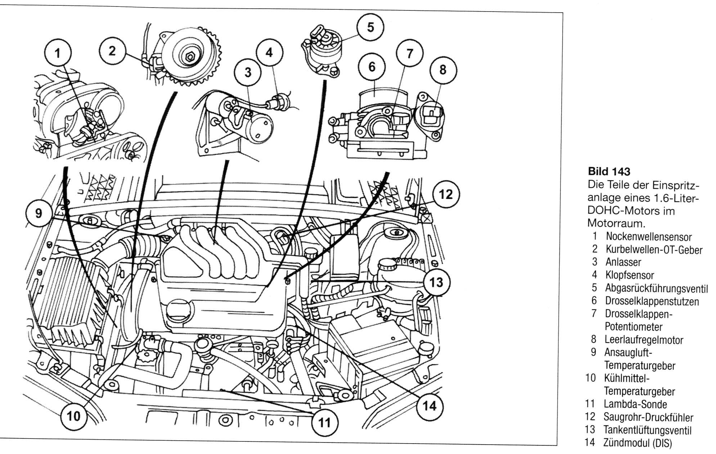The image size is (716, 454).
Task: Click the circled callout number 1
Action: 58,54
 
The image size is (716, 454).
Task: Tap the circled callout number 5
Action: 370,28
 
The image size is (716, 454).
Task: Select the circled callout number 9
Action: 38,213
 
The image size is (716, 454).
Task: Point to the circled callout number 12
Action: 446,195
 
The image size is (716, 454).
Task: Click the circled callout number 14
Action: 429,406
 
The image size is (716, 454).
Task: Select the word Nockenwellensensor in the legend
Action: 648,237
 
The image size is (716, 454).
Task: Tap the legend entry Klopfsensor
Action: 629,276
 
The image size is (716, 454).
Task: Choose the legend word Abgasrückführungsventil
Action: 656,289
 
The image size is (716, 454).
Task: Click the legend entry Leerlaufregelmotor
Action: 644,340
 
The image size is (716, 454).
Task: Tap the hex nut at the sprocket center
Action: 190,57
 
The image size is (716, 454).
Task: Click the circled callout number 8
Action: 442,70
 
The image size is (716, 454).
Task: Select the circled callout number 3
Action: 247,72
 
